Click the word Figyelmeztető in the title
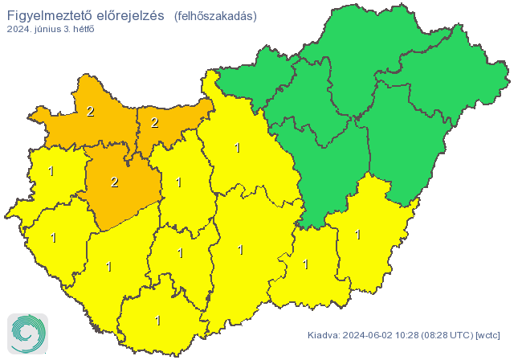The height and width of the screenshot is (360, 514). [x=55, y=15]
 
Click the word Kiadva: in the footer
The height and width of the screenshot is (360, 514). [x=324, y=334]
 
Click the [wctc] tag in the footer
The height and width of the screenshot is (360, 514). [x=488, y=334]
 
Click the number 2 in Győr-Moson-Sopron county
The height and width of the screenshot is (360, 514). [x=90, y=112]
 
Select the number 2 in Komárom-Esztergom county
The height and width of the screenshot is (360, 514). [x=154, y=123]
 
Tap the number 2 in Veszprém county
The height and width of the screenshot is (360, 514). [x=114, y=182]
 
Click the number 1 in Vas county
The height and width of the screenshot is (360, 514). [x=51, y=171]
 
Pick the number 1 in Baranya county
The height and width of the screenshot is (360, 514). [x=157, y=321]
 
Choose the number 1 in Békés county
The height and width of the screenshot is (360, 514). [x=357, y=235]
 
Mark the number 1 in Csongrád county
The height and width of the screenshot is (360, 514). [x=305, y=264]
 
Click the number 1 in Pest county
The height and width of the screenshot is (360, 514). [x=237, y=147]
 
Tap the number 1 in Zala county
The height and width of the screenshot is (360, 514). [x=54, y=238]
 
